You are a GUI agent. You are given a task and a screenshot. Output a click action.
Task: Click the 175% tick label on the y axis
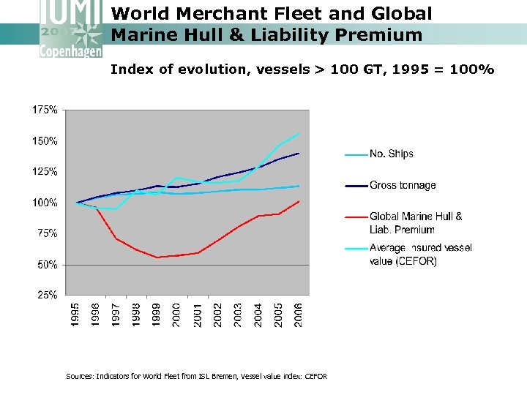44,110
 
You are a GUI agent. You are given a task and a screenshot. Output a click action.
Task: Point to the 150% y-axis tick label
44,140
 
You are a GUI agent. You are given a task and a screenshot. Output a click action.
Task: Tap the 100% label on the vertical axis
44,203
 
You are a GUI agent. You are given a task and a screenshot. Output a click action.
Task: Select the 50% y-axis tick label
47,265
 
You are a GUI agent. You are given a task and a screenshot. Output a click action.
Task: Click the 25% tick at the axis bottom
47,296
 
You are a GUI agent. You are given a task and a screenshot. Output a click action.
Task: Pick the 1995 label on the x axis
76,315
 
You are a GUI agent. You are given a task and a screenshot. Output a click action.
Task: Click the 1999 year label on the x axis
157,315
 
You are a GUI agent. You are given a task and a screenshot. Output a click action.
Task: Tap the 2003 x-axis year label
238,315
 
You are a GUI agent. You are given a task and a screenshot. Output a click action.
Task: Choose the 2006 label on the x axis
299,315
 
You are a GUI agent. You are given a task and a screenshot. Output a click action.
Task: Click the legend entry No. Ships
392,154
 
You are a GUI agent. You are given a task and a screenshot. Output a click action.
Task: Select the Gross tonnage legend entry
403,185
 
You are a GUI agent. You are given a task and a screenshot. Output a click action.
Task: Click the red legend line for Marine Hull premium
356,217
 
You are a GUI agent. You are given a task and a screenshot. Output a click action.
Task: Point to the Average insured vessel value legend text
421,254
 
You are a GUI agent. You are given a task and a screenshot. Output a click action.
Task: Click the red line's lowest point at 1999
157,257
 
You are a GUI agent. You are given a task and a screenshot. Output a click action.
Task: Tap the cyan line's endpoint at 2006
299,134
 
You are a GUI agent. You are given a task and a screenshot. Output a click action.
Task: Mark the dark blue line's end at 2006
299,154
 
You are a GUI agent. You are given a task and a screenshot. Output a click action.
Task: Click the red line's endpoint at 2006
299,201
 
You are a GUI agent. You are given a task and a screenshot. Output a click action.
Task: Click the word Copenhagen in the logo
72,51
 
